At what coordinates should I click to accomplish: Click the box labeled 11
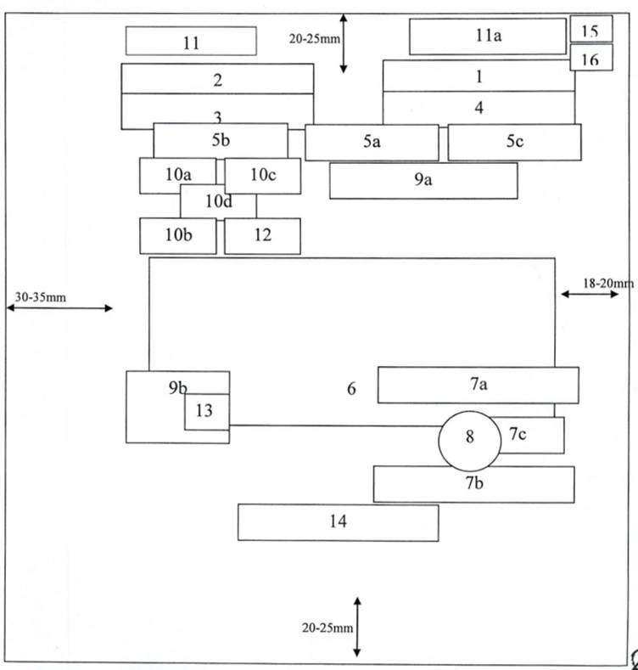191,41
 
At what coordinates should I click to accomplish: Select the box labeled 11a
487,36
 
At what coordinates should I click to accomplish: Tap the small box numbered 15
590,30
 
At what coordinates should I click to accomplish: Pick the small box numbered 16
590,58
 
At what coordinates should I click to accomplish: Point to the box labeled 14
338,522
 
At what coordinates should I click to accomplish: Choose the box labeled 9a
423,180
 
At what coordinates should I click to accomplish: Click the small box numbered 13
206,412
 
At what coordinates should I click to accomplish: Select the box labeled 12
262,236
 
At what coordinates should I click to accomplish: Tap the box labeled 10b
177,236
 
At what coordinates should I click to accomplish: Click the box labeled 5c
514,142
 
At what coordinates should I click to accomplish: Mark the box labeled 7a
478,385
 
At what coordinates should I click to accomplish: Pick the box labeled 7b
473,484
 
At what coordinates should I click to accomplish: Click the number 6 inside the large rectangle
351,390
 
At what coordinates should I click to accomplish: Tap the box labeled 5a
372,142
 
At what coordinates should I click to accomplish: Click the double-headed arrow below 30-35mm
59,308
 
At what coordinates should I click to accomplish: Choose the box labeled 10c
263,175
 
